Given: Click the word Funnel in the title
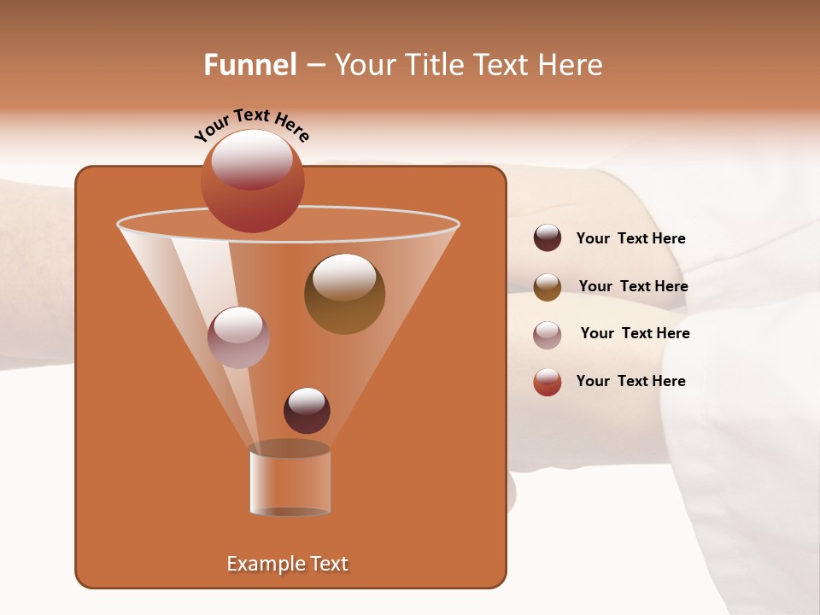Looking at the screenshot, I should pos(249,65).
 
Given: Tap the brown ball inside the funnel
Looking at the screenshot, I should pos(344,294).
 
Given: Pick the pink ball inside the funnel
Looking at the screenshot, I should pos(238,337).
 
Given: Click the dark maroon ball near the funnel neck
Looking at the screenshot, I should pos(307,411).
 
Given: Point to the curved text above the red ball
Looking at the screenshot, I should pos(251,125).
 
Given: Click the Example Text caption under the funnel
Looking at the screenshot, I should pos(287,564).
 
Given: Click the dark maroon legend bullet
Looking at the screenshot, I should pos(548,238).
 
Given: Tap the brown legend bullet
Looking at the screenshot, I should pos(548,287).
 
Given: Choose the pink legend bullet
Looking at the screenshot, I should pos(548,335).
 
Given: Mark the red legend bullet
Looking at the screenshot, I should pos(548,382).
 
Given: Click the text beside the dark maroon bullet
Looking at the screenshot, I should pos(630,239).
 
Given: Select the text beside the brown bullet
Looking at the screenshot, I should pos(633,287).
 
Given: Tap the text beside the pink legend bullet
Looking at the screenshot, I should pos(635,334).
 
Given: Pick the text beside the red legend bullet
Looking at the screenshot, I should pos(630,381).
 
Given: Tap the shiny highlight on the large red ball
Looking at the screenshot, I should pos(252,159).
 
